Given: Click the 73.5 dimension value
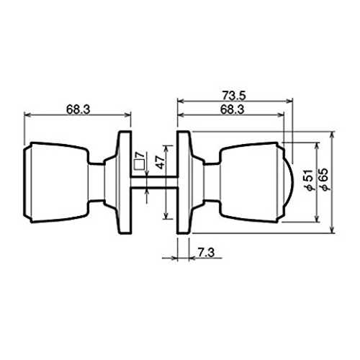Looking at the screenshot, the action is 234,96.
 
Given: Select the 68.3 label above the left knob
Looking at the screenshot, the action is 78,109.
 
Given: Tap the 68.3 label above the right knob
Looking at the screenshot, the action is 233,109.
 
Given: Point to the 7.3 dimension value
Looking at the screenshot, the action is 206,253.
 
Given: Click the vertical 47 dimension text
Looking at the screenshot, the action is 161,161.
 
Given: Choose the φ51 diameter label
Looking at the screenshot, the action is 310,181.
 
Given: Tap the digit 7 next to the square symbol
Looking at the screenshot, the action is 141,156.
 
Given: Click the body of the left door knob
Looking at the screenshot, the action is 55,182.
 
